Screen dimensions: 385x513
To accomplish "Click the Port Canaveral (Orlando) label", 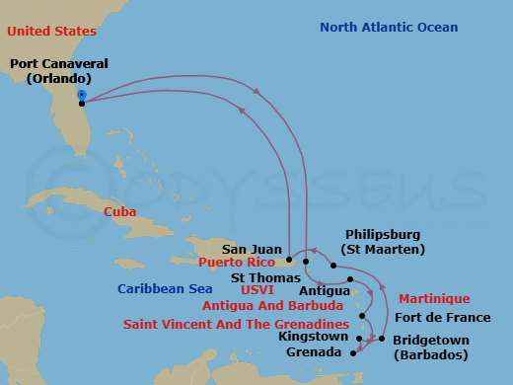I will click(58, 71).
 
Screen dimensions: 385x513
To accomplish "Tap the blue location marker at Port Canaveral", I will click(81, 96).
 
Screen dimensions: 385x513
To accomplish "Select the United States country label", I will click(46, 31).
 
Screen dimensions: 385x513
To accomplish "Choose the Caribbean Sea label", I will click(165, 288).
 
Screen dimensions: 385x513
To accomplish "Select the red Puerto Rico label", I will click(238, 263).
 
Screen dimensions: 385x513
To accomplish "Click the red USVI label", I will click(256, 291).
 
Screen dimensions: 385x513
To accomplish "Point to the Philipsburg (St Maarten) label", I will click(383, 242).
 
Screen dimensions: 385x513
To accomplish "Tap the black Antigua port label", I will click(324, 291).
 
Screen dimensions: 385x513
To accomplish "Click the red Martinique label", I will click(434, 298).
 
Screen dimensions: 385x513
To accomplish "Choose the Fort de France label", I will click(442, 317).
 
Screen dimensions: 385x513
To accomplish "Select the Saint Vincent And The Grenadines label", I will click(236, 324).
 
